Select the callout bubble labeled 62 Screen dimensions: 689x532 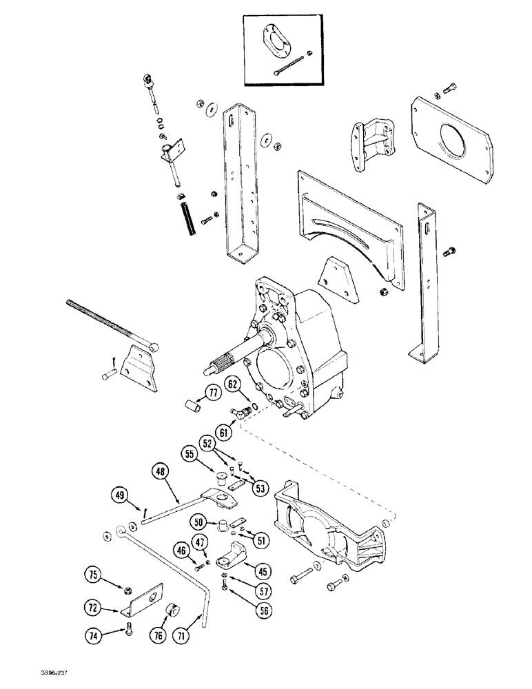point(232,384)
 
